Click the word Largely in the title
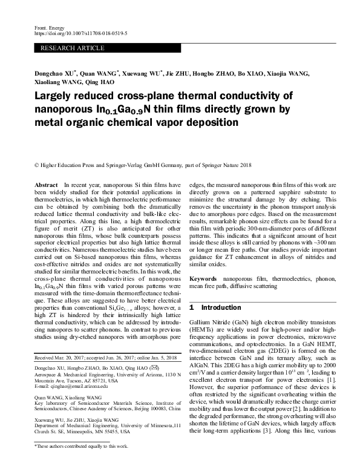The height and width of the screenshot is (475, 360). click(56, 98)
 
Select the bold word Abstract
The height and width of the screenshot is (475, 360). click(47, 183)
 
